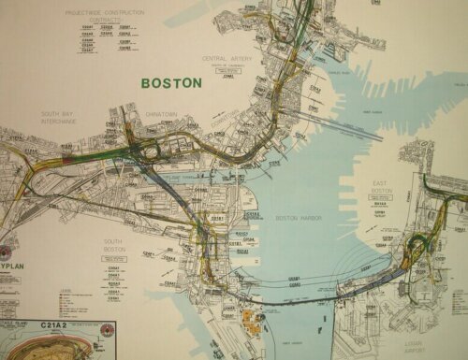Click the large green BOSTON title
pyautogui.click(x=171, y=82)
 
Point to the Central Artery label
pyautogui.click(x=227, y=58)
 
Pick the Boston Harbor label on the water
pyautogui.click(x=299, y=218)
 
